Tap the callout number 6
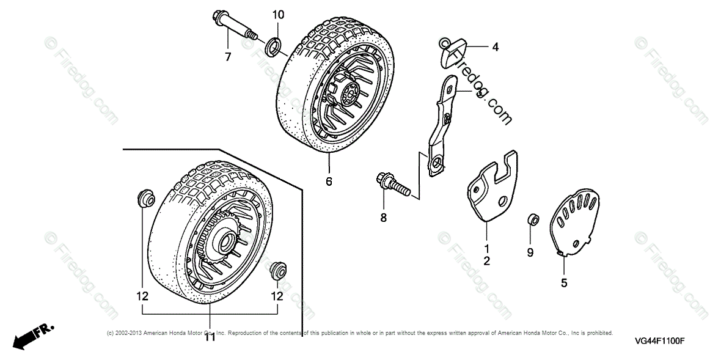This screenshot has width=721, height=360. (x=329, y=182)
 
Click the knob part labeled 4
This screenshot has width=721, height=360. (x=453, y=49)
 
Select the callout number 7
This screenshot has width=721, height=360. (x=228, y=57)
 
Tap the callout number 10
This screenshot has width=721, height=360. (x=278, y=14)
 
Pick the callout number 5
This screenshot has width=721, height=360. (x=564, y=282)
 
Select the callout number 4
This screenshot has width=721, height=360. (x=496, y=46)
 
